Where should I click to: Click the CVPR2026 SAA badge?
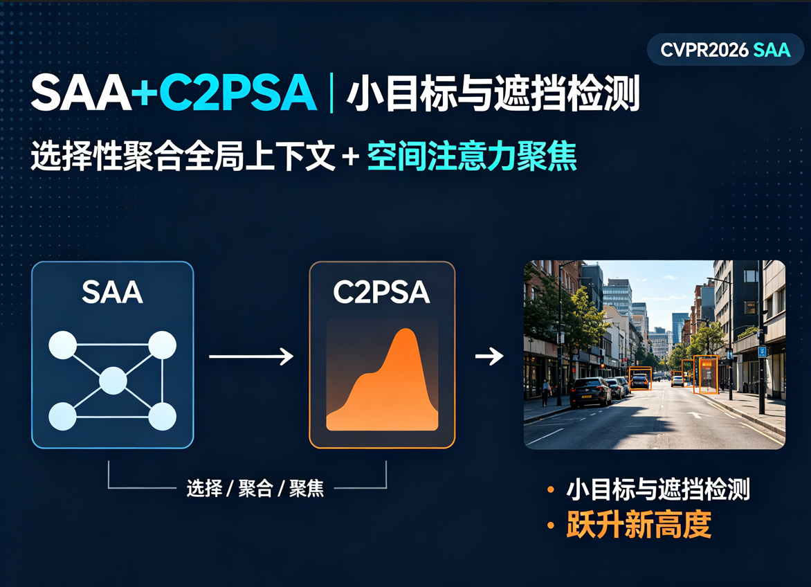tap(725, 50)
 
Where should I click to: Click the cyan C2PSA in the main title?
tap(237, 93)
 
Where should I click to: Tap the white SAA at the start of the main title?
tap(81, 93)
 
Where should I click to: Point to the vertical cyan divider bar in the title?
tap(331, 93)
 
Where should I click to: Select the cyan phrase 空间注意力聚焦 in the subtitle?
tap(472, 156)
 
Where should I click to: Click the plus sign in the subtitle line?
tap(351, 156)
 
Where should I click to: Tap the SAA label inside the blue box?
tap(112, 292)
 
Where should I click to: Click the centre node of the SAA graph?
tap(113, 381)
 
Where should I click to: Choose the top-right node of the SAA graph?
tap(163, 345)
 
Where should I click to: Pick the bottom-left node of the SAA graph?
tap(62, 416)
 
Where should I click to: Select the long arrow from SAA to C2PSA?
tap(251, 356)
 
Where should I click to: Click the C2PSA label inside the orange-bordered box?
tap(382, 292)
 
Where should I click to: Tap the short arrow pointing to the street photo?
tap(489, 356)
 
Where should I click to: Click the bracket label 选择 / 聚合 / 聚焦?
tap(255, 488)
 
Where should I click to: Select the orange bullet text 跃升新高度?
tap(639, 525)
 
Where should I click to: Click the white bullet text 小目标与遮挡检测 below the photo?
tap(658, 489)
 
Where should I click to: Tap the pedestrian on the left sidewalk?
tap(546, 392)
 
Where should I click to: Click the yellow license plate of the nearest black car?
tap(587, 397)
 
